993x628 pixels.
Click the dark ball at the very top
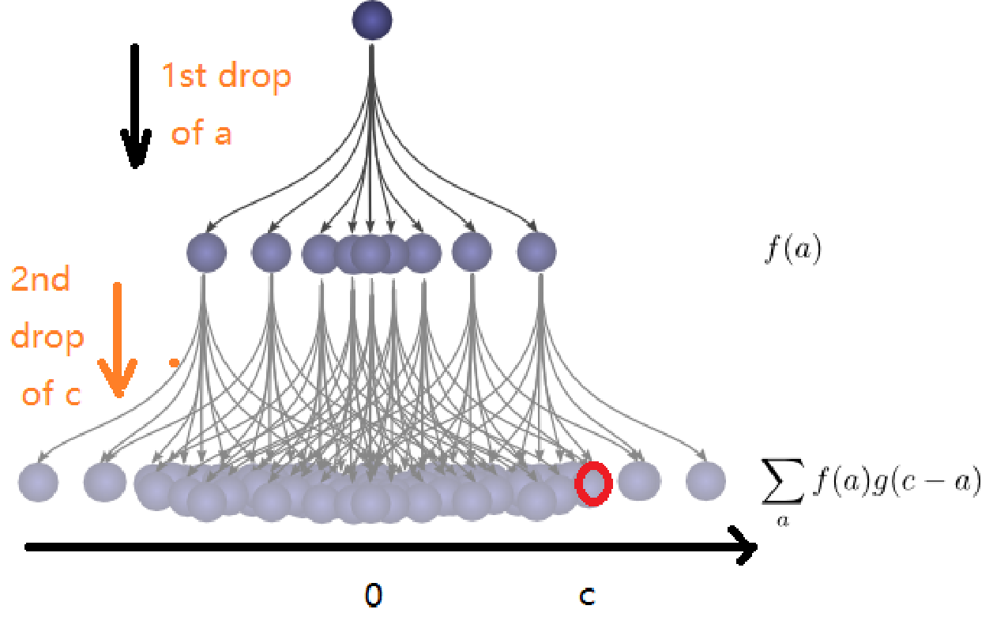tap(372, 19)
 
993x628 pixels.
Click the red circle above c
tap(593, 483)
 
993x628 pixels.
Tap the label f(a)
tap(792, 250)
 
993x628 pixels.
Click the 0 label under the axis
tap(373, 595)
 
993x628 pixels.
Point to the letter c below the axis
tap(586, 596)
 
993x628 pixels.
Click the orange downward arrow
tap(117, 340)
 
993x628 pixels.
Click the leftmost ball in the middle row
tap(206, 253)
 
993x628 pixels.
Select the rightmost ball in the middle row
tap(536, 253)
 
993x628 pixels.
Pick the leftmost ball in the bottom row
tap(38, 482)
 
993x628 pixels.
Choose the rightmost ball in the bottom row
tap(705, 481)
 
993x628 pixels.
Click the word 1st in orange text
tap(184, 77)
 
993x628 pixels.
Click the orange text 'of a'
tap(201, 133)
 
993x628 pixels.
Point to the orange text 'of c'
tap(51, 393)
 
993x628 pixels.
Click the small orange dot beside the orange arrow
tap(173, 363)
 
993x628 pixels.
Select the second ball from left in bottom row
tap(104, 482)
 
